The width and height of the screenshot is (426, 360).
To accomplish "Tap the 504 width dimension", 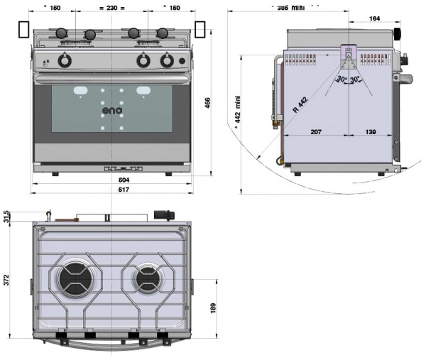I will (111, 180).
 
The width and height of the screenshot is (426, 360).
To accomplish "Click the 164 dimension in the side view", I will (373, 20).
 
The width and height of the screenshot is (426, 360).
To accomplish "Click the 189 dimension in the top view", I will (213, 307).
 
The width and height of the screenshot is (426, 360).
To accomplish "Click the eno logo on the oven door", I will (112, 110).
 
